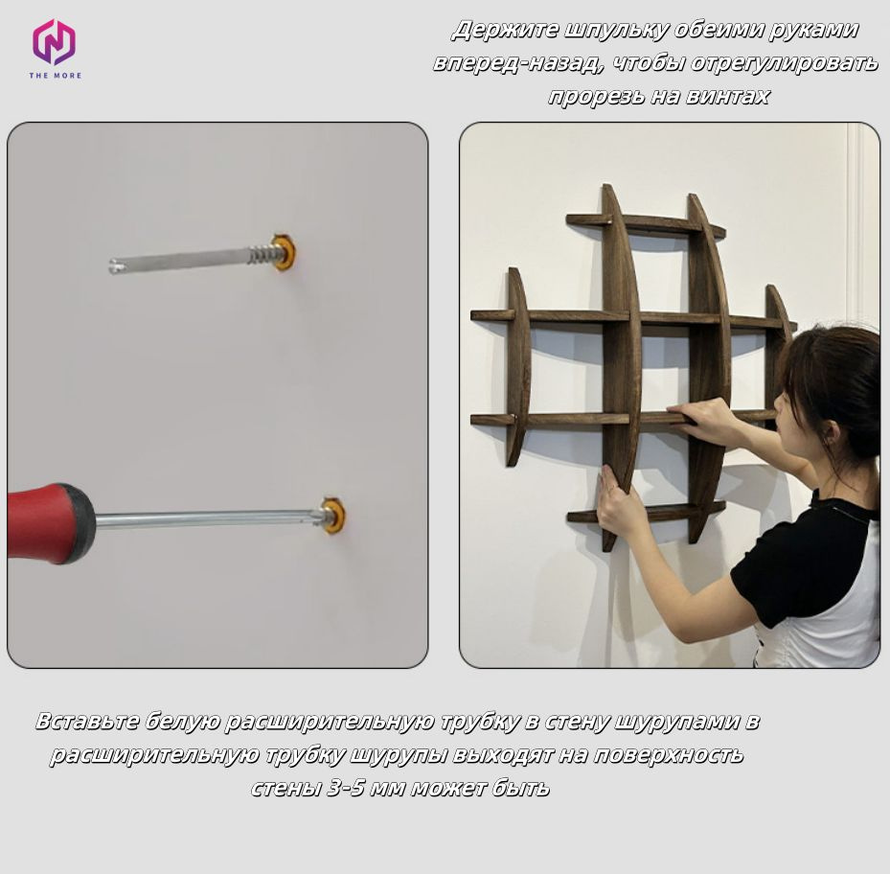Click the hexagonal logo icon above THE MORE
54,41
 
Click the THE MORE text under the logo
55,76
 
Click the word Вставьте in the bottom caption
87,722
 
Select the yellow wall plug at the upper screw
284,252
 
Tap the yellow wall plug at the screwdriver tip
333,516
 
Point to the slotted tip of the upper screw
116,265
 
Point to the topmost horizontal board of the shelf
646,224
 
